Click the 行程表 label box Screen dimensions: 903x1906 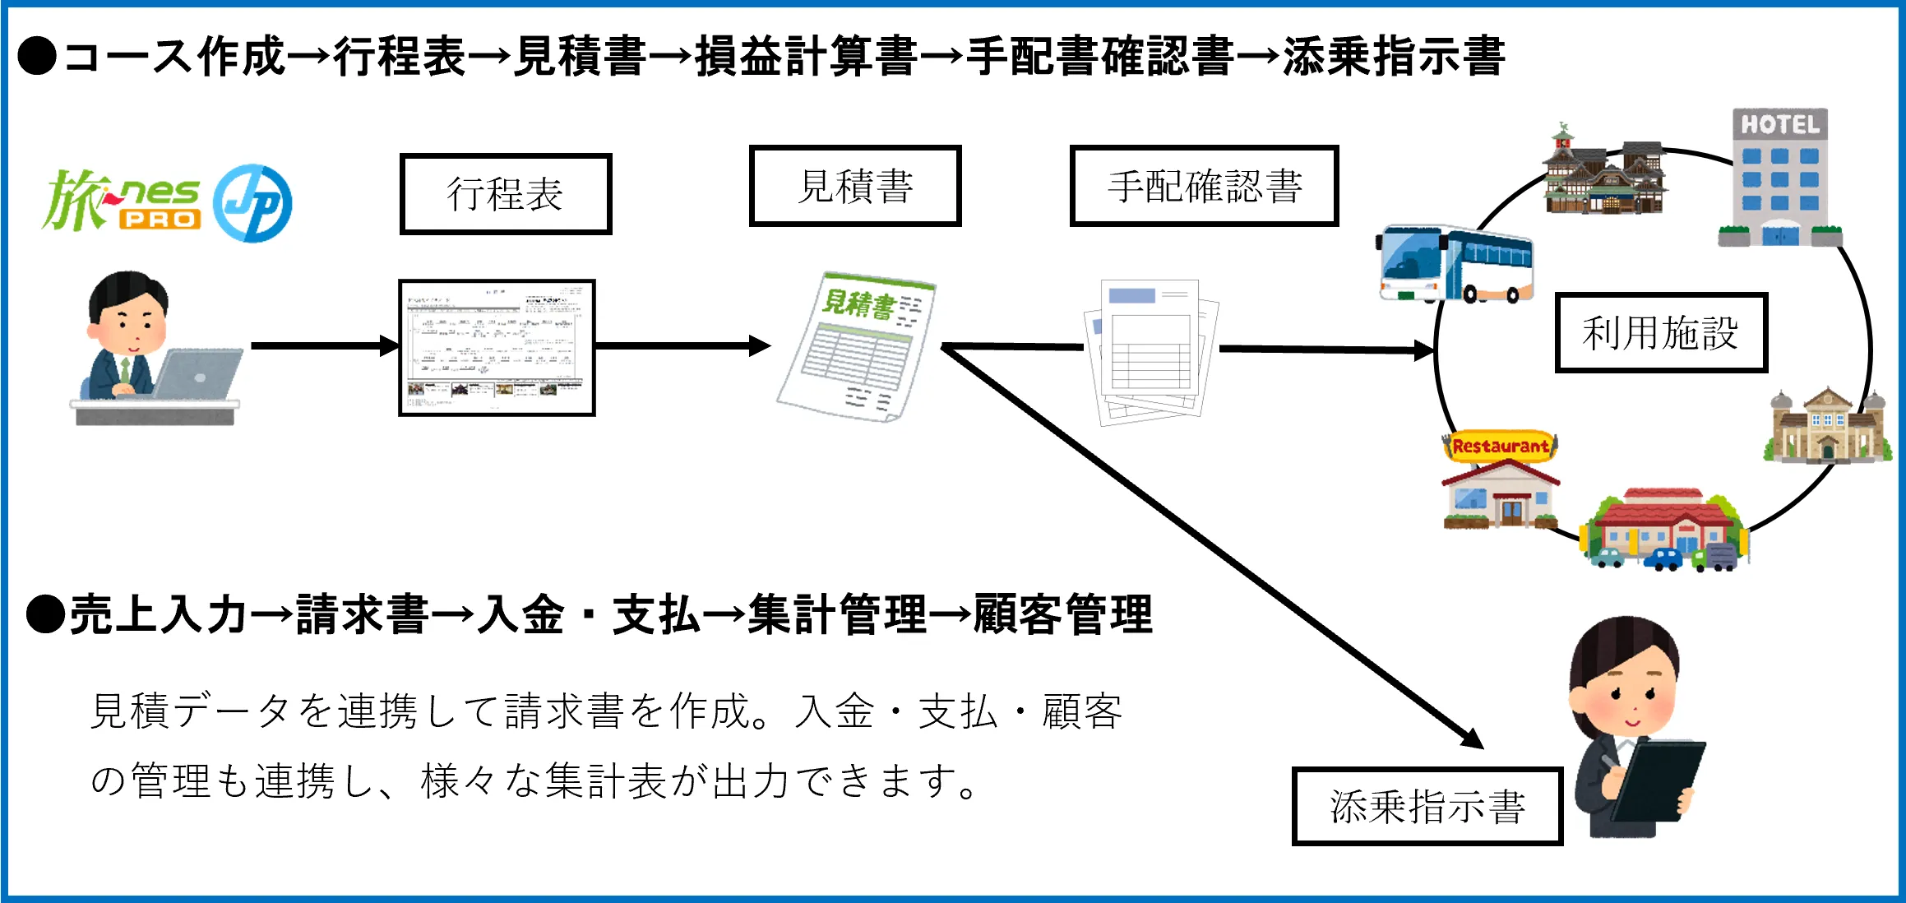506,194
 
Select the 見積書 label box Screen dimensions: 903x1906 855,186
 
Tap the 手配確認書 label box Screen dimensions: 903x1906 1204,186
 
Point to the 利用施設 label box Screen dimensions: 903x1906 1660,333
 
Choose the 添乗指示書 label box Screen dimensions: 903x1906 1427,806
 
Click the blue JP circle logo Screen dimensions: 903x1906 252,203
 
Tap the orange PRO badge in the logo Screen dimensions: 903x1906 160,220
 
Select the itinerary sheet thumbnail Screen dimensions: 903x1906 497,347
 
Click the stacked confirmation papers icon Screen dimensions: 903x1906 1151,352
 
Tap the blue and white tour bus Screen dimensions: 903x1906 1454,263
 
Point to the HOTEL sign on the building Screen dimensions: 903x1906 1779,124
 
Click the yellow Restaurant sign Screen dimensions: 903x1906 1500,447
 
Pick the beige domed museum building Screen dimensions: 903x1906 1827,428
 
